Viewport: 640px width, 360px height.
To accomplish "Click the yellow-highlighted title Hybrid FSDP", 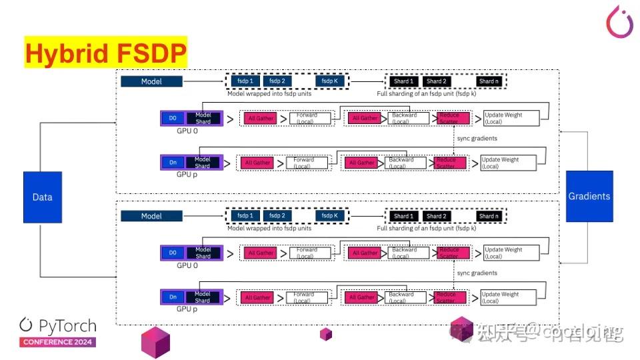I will point(105,53).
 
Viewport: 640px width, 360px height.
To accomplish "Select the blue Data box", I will point(43,197).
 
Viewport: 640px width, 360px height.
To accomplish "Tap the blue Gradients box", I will point(589,196).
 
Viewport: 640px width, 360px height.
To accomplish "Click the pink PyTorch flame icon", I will point(619,22).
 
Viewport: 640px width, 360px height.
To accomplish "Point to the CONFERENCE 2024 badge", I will point(57,342).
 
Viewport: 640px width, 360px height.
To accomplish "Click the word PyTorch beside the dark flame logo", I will point(67,326).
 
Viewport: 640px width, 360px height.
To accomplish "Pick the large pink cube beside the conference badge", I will point(155,343).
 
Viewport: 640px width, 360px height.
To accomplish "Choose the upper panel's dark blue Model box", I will point(151,81).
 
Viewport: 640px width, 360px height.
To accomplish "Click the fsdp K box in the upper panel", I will point(329,81).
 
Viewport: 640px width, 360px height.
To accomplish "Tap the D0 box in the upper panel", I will point(173,118).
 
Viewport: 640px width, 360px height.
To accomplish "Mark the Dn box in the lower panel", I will point(173,297).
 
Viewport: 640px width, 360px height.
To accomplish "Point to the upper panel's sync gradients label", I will point(477,138).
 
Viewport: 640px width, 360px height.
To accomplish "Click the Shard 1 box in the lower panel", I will point(401,216).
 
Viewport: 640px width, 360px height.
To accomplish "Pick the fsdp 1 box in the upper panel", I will point(245,81).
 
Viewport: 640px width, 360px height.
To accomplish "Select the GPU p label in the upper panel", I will point(187,173).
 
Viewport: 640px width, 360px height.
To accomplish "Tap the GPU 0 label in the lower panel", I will point(187,265).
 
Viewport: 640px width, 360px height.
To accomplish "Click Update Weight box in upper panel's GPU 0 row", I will point(510,118).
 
